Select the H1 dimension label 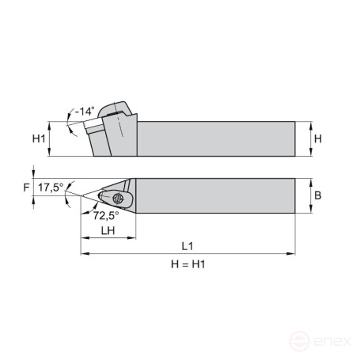[x=38, y=139]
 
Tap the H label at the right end [x=317, y=138]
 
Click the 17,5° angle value [x=50, y=187]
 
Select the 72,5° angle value [x=105, y=214]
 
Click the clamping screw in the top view [x=119, y=197]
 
